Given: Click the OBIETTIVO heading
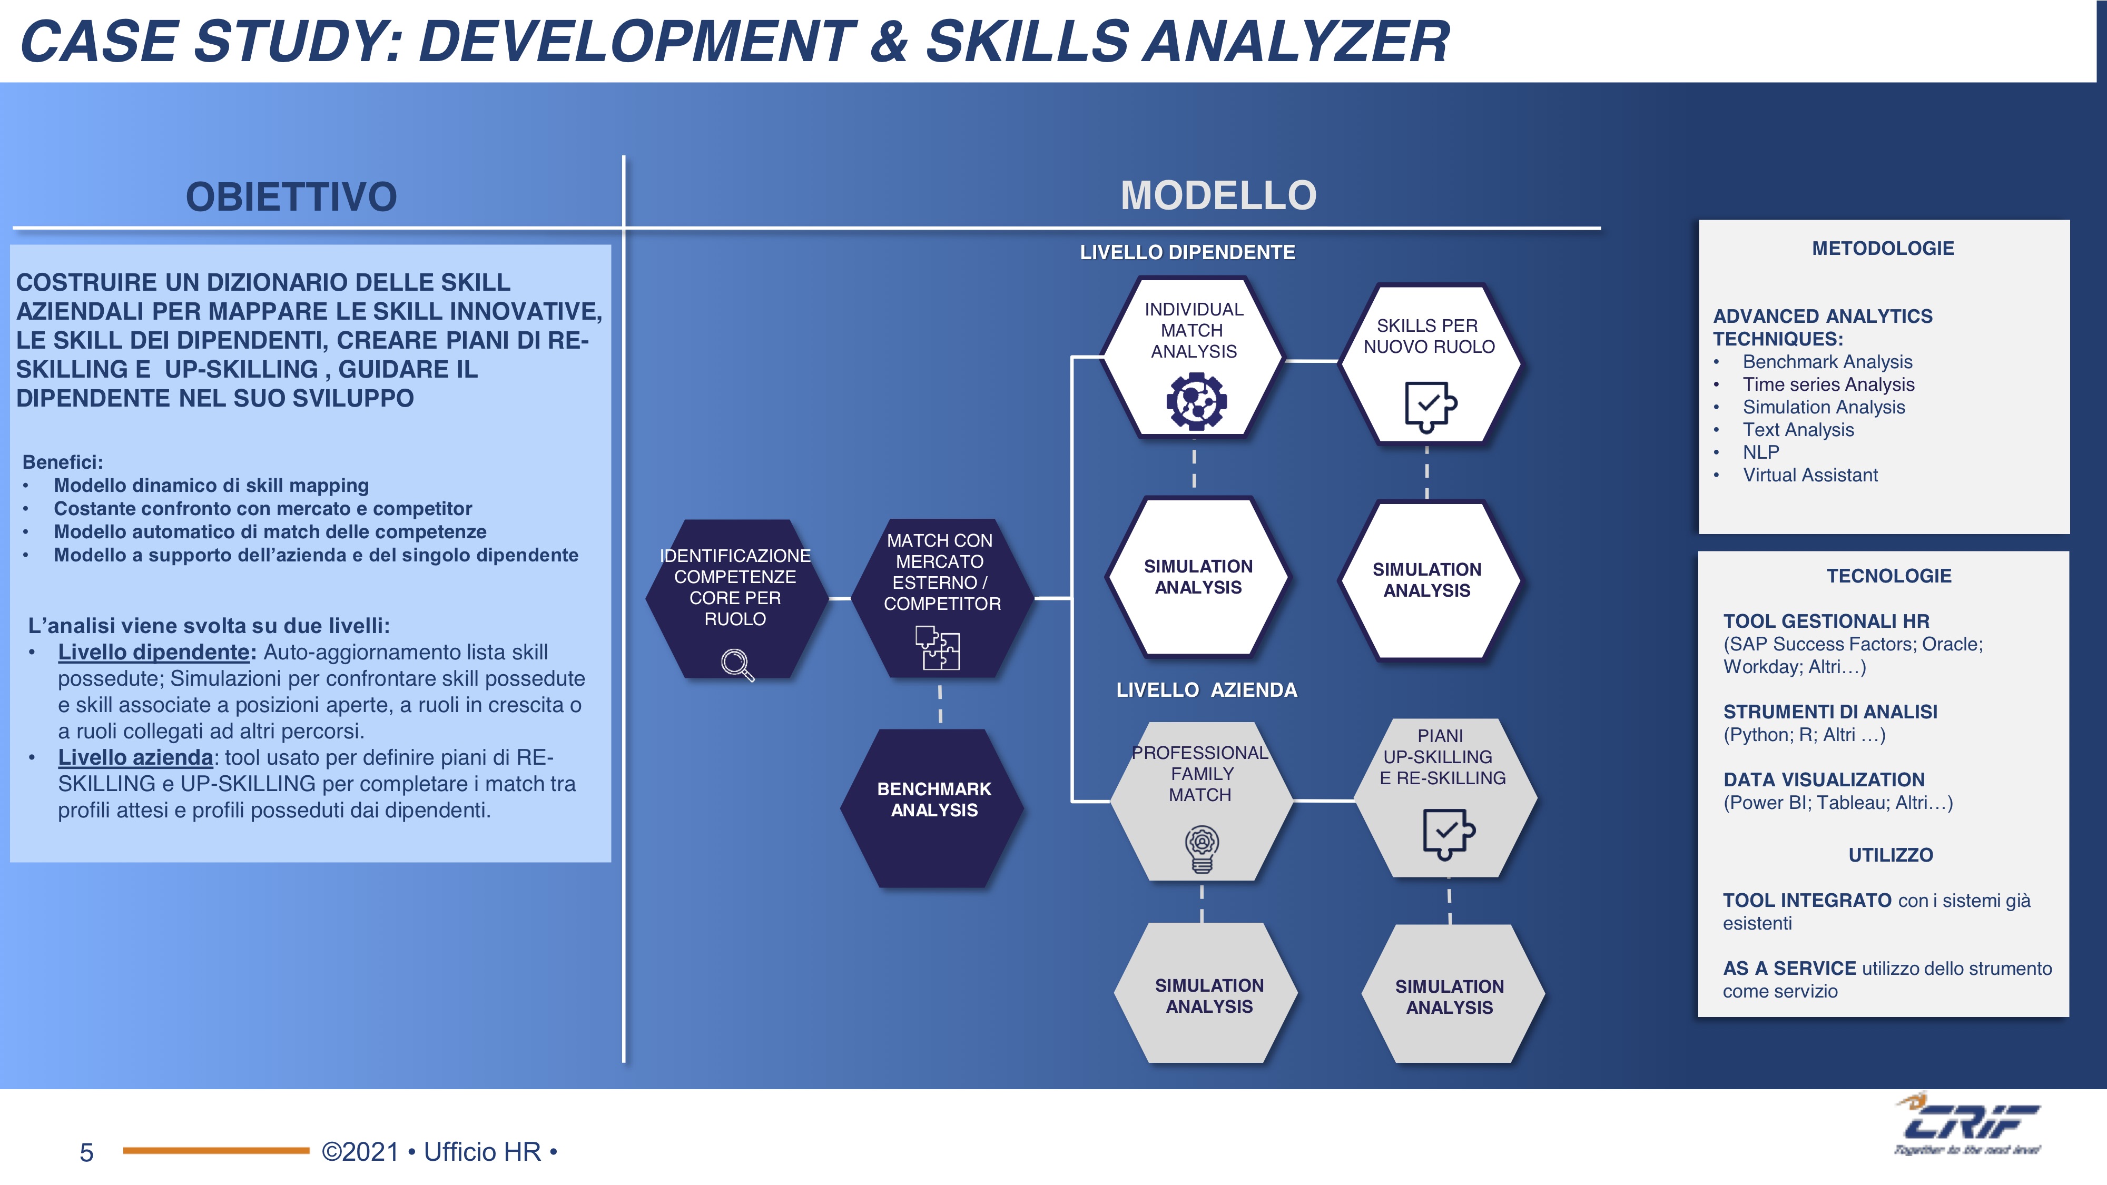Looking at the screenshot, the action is click(291, 197).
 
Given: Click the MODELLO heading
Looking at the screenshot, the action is click(1218, 195).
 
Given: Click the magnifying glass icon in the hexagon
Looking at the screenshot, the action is click(737, 665).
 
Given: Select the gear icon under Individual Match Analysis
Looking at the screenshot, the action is click(1196, 401).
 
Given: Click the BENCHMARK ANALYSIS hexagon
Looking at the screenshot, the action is click(933, 808).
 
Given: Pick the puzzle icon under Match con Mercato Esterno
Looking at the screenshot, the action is click(938, 648).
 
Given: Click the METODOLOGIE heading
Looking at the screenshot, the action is click(1883, 249).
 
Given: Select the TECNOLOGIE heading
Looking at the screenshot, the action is click(1888, 576).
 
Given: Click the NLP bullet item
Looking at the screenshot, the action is click(1760, 452).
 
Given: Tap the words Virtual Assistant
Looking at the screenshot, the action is click(1810, 475).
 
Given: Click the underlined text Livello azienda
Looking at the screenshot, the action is click(135, 757).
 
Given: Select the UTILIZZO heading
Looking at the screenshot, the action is click(1891, 855).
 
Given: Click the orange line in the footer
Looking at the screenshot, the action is click(216, 1151).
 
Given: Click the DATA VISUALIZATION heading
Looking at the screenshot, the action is click(1824, 779).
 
